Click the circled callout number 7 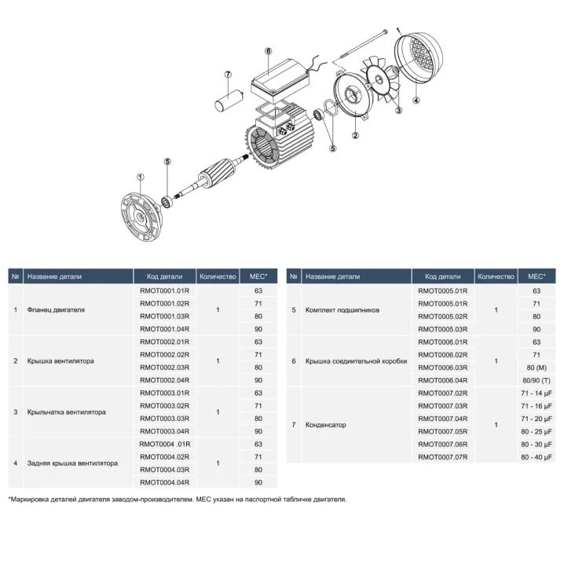(x=229, y=75)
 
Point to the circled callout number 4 (x=416, y=100)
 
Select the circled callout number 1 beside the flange (x=140, y=177)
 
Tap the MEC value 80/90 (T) (x=536, y=380)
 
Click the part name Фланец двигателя (x=56, y=309)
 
